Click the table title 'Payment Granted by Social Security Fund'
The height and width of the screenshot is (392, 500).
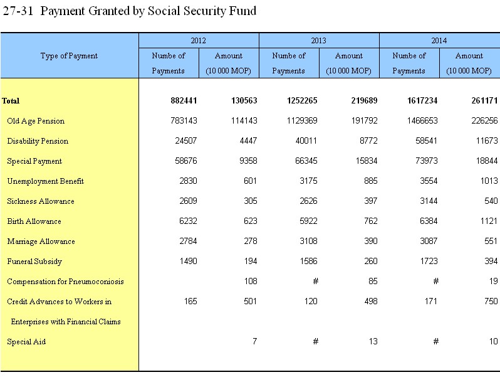click(148, 11)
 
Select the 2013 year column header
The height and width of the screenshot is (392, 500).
click(318, 41)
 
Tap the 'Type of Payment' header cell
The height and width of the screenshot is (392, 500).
click(69, 56)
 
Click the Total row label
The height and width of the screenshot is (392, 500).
click(11, 101)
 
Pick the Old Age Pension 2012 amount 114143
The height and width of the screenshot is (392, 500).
click(244, 120)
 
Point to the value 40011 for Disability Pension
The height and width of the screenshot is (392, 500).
click(306, 140)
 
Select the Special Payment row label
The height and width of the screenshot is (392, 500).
click(34, 161)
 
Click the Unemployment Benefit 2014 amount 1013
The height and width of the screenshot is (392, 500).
click(489, 181)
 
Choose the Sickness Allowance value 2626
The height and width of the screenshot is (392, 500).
click(308, 201)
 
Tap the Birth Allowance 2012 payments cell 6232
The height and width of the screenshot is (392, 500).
click(188, 221)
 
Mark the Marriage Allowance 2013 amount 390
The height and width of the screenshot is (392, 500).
click(370, 241)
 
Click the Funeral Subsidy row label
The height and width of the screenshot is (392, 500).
click(34, 262)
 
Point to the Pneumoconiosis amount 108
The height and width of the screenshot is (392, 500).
click(251, 281)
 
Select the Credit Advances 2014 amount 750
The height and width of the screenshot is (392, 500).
click(491, 301)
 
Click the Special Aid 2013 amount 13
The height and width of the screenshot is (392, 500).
click(373, 342)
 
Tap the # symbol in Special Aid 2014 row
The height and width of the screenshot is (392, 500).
click(436, 342)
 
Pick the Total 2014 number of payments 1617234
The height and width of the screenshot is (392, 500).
click(422, 101)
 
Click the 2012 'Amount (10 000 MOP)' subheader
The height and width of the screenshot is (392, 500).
click(228, 63)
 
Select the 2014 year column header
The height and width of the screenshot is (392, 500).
click(439, 41)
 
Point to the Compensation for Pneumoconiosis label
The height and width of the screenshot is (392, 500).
click(65, 282)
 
